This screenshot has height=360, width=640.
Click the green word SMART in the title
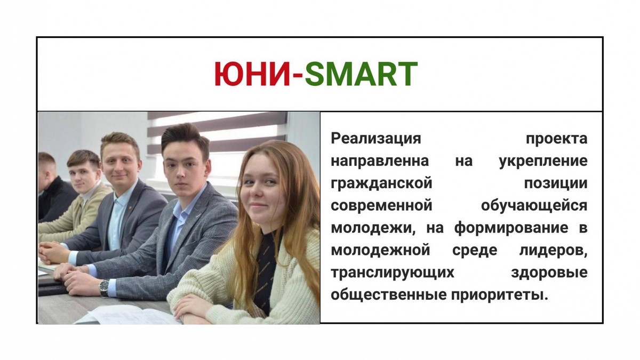361,74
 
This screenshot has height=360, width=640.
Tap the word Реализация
375,139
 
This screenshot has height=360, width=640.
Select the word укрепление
543,162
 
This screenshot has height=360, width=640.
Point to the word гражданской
381,183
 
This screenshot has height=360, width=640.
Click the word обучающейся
534,206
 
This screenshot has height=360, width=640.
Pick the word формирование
511,228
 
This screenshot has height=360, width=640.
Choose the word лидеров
553,251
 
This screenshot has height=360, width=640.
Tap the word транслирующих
393,273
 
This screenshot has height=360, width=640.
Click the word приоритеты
500,295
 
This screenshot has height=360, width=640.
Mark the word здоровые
549,273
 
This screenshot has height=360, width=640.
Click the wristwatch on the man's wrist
104,287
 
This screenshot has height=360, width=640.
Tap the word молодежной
380,251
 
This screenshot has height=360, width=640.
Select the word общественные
389,295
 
